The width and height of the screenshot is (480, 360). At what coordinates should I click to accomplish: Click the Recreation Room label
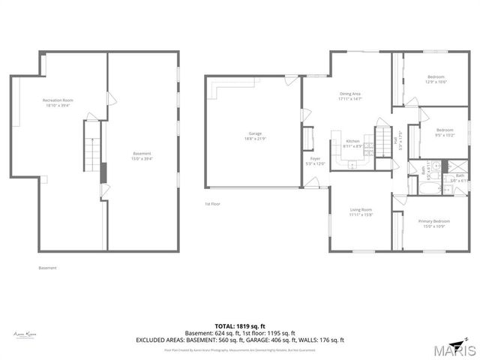57,100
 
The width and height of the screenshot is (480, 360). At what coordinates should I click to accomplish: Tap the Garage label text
255,133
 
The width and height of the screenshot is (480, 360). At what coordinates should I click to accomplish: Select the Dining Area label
350,94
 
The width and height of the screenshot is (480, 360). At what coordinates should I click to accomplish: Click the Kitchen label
352,141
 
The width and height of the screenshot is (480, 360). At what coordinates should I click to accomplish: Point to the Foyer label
316,159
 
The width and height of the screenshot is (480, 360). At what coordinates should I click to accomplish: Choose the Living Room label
361,210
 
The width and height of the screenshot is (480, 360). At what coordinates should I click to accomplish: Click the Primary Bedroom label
435,220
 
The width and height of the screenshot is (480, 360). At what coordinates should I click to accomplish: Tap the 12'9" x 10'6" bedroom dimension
436,82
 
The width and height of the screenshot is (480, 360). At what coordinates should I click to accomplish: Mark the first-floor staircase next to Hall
384,138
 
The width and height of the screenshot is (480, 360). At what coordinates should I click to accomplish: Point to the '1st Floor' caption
212,204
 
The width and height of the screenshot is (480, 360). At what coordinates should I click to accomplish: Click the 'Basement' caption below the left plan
47,268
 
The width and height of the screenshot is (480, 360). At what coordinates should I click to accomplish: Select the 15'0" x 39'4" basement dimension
142,159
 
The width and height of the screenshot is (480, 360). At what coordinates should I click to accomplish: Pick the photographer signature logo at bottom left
25,334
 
